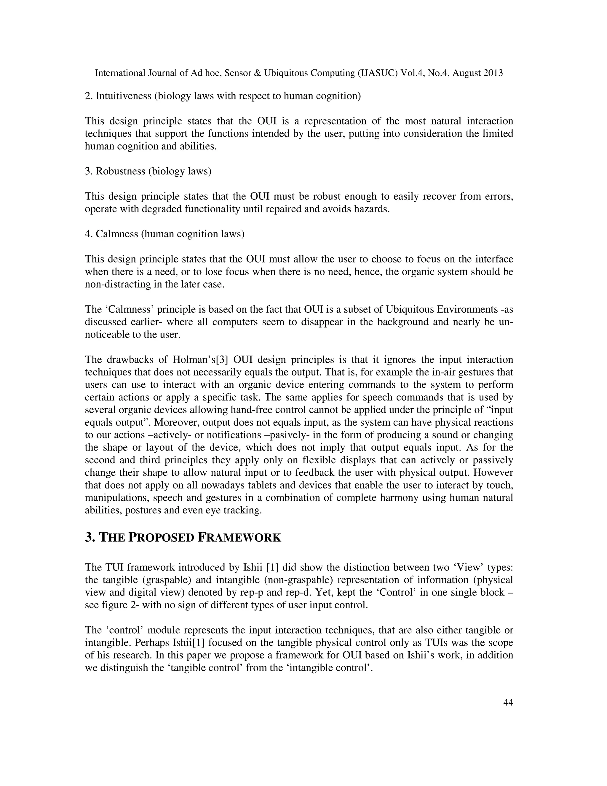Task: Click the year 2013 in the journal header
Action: [x=493, y=74]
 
